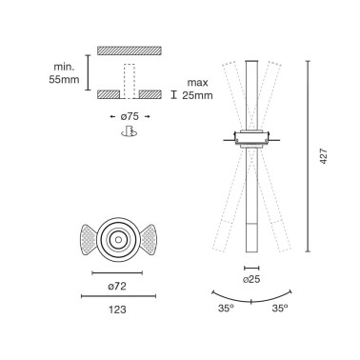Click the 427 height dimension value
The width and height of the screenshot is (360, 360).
[x=323, y=158]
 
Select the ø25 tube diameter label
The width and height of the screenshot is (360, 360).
[x=252, y=280]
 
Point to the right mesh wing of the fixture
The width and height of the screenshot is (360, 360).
[x=155, y=240]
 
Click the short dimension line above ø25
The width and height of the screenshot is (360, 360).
[x=251, y=268]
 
